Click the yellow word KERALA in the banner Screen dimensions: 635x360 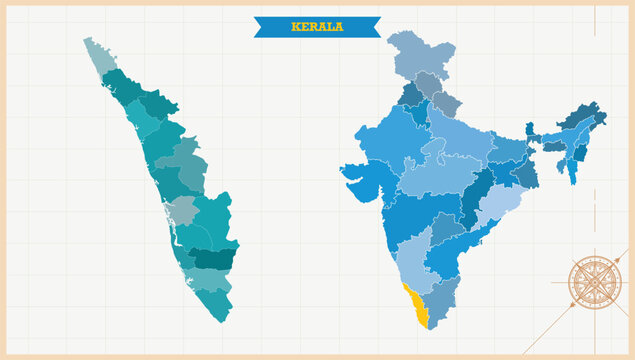[x=316, y=26]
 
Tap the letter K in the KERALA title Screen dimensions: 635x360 [x=295, y=26]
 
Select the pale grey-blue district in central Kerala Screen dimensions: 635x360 [x=182, y=210]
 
